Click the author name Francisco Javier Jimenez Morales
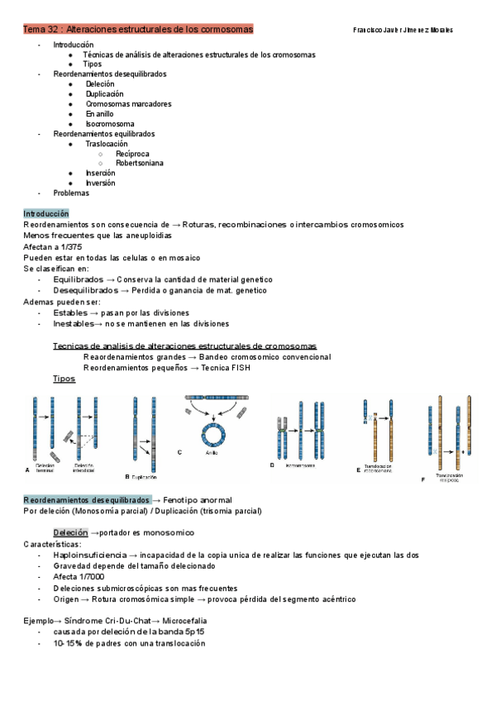pyautogui.click(x=403, y=30)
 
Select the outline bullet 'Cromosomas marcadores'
pyautogui.click(x=123, y=103)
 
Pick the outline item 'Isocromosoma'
pyautogui.click(x=110, y=123)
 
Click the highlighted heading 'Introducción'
pyautogui.click(x=46, y=213)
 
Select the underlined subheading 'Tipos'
pyautogui.click(x=64, y=378)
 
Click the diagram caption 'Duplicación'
pyautogui.click(x=144, y=477)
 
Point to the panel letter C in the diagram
pyautogui.click(x=179, y=452)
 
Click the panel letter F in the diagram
pyautogui.click(x=423, y=479)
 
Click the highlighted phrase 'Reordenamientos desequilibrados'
pyautogui.click(x=87, y=500)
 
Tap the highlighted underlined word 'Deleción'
pyautogui.click(x=69, y=532)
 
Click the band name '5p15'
pyautogui.click(x=190, y=632)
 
